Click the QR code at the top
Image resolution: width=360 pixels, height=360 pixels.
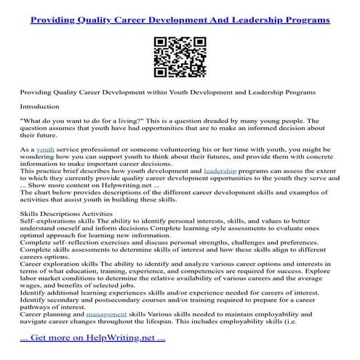tap(180, 53)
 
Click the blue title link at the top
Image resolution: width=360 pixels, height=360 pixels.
tap(180, 15)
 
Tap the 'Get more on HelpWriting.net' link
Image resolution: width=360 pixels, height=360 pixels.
tap(92, 337)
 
